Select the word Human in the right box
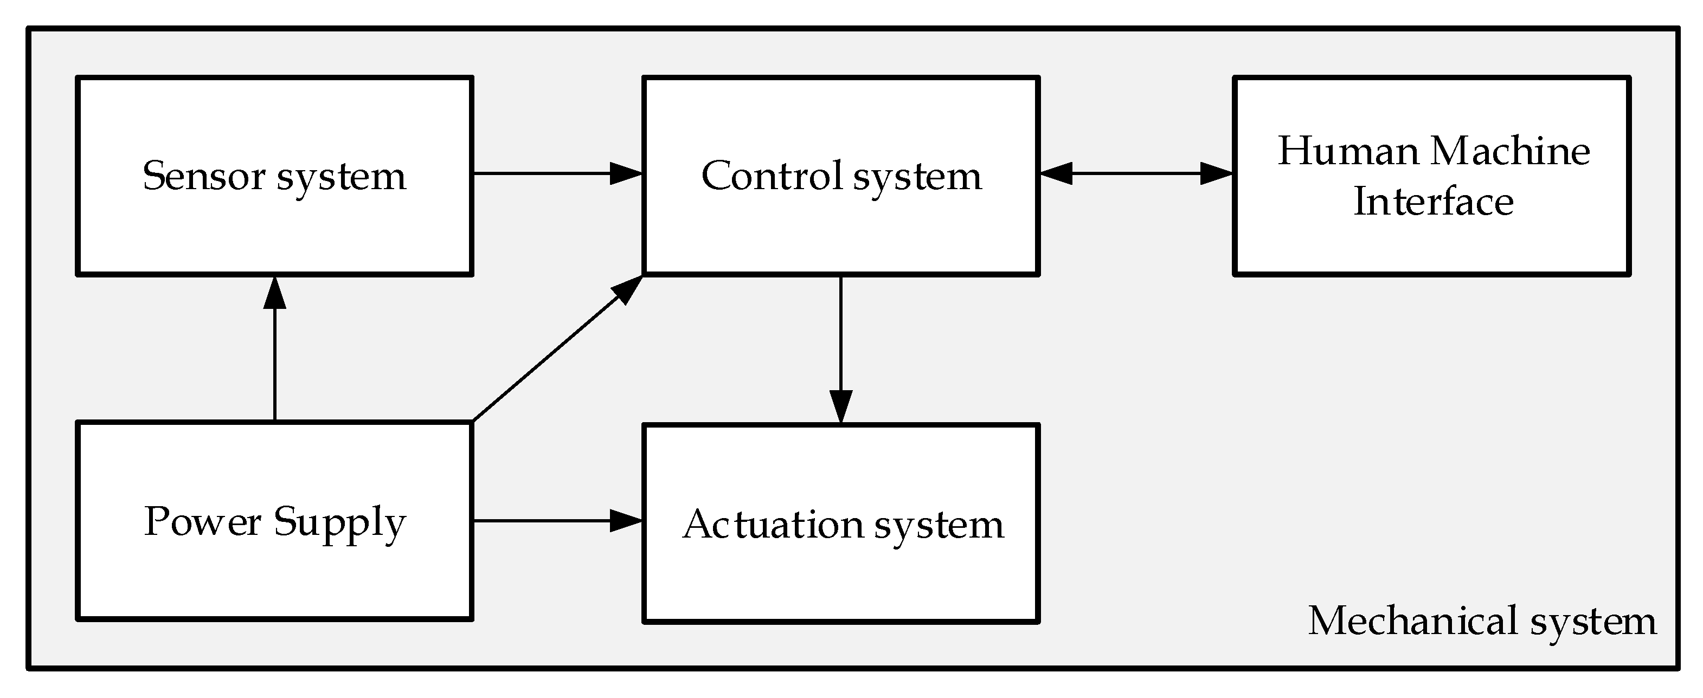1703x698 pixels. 1348,151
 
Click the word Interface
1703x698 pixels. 1434,202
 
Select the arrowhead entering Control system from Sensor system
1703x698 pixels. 625,174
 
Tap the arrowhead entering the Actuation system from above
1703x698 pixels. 840,405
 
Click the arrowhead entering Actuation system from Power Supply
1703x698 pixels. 625,521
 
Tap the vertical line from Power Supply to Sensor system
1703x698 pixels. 274,370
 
